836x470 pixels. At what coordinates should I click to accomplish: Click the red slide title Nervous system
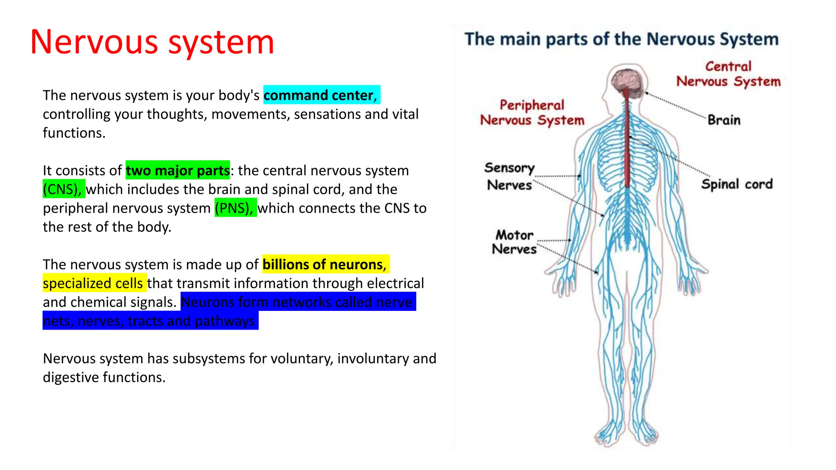pos(152,42)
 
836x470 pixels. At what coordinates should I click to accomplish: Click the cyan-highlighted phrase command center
pos(318,95)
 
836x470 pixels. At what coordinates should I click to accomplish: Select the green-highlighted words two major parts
pos(178,170)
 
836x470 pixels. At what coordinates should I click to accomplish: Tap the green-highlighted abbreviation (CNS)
pos(63,189)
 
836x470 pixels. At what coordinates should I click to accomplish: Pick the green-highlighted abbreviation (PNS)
pos(235,208)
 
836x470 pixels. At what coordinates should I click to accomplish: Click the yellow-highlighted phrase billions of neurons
pos(324,264)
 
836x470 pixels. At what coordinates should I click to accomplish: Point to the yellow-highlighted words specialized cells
pos(93,283)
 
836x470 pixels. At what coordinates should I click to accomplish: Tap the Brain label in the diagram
pos(724,120)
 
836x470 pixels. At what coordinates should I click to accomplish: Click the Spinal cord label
pos(737,184)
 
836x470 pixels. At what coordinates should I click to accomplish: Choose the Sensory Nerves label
pos(509,176)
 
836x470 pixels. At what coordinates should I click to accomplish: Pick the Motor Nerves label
pos(514,242)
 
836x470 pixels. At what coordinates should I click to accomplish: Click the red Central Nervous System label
pos(728,74)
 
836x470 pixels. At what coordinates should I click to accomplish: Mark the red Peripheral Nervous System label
pos(532,113)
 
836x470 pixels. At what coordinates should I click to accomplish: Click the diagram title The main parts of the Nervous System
pos(621,39)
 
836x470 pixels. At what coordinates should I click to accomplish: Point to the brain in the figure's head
pos(627,80)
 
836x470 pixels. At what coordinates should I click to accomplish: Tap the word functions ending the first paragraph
pos(74,133)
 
